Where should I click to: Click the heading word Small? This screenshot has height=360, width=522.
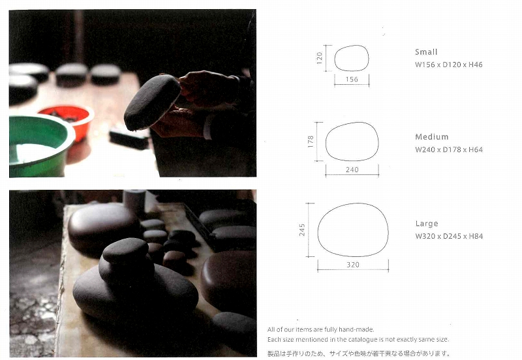(x=426, y=52)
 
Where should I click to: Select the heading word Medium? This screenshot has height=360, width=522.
(x=432, y=137)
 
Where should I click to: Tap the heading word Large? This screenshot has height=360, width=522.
(x=427, y=224)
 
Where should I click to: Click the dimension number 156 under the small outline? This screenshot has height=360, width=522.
(x=352, y=79)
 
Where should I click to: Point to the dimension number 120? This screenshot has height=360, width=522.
(x=320, y=58)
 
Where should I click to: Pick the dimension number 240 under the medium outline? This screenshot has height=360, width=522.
(x=352, y=170)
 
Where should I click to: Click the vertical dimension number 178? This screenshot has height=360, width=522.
(x=311, y=142)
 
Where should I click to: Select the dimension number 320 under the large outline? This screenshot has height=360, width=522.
(x=353, y=265)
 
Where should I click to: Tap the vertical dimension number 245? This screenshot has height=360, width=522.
(x=302, y=230)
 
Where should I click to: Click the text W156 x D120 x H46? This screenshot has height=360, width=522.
(x=449, y=65)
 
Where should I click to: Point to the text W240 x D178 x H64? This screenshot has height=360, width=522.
(x=449, y=150)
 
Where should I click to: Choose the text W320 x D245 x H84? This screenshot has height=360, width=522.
(x=449, y=236)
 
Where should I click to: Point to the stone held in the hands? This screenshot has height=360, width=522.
(x=152, y=102)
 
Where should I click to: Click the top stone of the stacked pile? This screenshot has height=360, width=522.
(x=125, y=250)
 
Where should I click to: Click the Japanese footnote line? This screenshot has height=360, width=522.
(x=359, y=353)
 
